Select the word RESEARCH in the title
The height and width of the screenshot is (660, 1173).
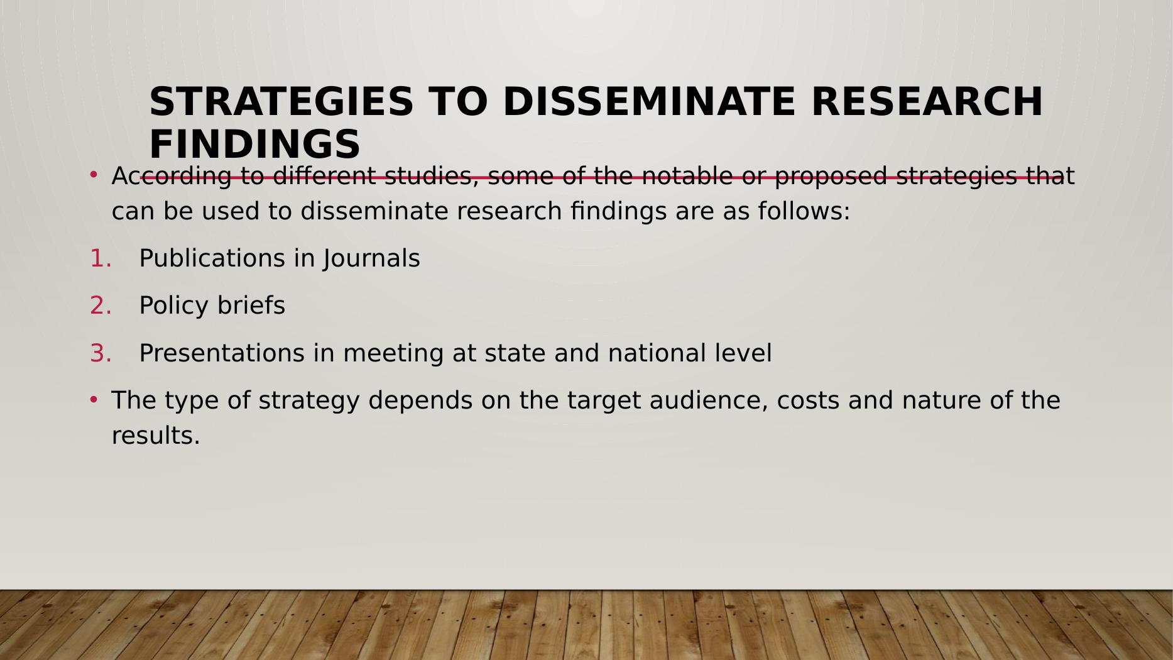tap(927, 102)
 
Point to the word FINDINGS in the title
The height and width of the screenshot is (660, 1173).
tap(254, 144)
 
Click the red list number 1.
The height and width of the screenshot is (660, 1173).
tap(100, 258)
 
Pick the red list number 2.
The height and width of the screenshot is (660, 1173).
tap(100, 305)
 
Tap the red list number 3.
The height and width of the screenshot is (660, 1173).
tap(100, 353)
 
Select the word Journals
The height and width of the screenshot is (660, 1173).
tap(372, 258)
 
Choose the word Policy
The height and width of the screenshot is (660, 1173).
tap(174, 305)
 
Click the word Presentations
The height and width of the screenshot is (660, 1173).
tap(221, 353)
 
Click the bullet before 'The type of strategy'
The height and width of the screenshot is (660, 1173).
tap(94, 399)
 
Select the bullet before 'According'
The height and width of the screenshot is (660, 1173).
tap(94, 173)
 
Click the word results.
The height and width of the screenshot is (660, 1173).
tap(156, 436)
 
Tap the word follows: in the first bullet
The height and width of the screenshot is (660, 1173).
tap(804, 211)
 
